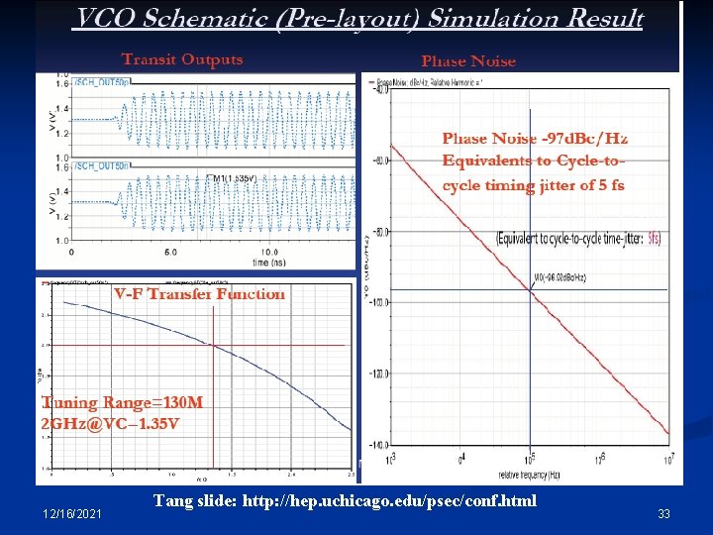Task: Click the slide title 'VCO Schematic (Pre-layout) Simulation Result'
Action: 358,19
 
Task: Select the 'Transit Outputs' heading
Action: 181,59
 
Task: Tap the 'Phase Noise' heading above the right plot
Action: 468,61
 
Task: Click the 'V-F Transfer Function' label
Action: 199,294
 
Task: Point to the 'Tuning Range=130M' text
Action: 122,403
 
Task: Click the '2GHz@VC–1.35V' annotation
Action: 110,424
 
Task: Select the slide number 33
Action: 664,513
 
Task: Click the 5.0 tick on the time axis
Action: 170,252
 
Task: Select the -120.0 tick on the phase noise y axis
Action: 379,374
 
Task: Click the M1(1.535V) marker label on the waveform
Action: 234,178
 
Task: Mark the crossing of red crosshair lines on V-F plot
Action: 213,345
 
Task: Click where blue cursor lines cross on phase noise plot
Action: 530,290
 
